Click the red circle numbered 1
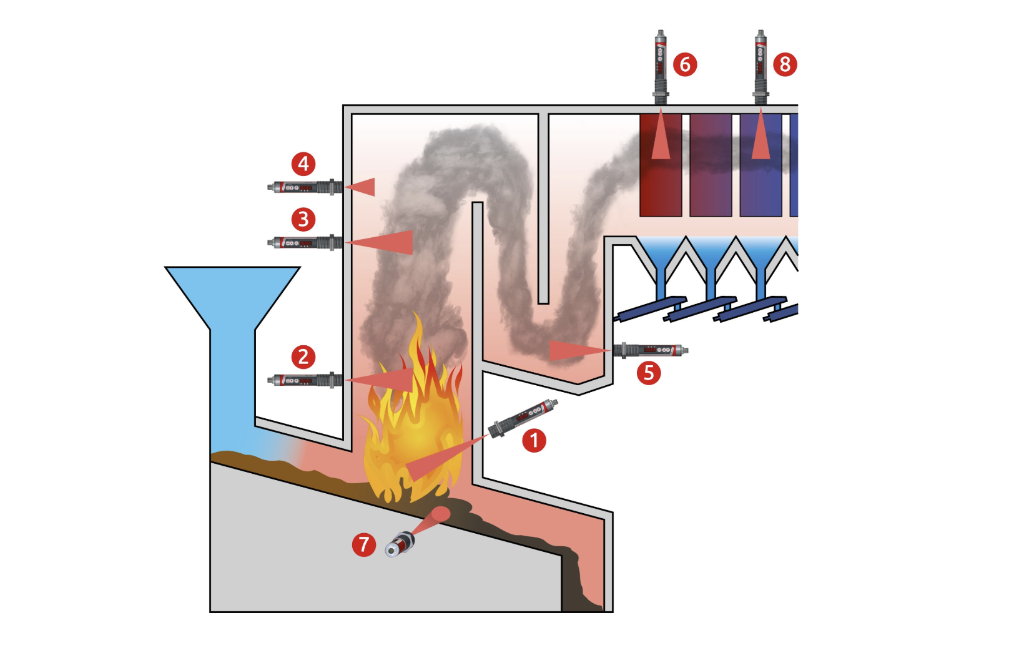(x=534, y=440)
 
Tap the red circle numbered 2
(x=303, y=356)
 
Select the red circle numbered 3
(x=303, y=219)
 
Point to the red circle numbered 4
(x=303, y=164)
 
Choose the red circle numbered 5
(x=649, y=373)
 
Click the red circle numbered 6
(x=685, y=64)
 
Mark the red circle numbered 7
(x=364, y=544)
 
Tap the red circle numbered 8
(x=785, y=64)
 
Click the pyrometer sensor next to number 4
(x=305, y=187)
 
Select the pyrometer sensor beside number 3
(x=305, y=242)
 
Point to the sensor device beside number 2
(x=305, y=380)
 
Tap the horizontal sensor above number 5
(x=650, y=350)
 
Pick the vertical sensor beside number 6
(x=660, y=66)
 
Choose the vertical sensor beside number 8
(x=760, y=66)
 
